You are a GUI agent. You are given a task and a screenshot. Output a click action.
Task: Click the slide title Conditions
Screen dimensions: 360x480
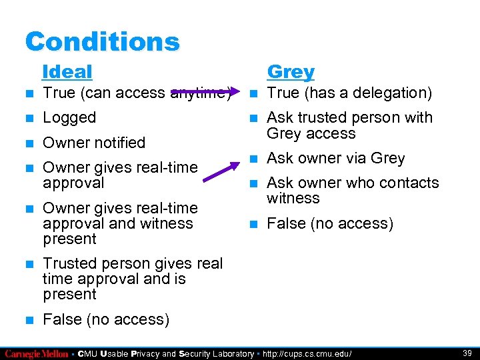click(102, 41)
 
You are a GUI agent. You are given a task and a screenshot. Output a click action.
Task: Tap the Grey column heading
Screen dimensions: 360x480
click(291, 71)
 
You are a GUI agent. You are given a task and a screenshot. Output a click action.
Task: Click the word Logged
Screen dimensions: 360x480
click(69, 118)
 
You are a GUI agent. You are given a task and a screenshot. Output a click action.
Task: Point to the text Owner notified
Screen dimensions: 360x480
click(94, 143)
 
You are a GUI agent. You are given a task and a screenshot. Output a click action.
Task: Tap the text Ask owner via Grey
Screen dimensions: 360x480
click(335, 159)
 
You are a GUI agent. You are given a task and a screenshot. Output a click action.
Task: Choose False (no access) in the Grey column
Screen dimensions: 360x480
click(330, 224)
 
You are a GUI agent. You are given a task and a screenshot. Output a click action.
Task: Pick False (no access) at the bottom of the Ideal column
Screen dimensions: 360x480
click(106, 320)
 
